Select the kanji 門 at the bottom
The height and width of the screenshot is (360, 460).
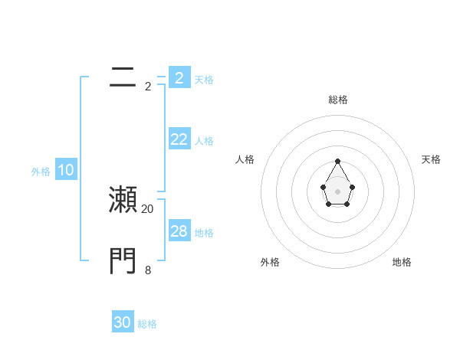point(123,260)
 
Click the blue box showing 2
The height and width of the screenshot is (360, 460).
point(179,77)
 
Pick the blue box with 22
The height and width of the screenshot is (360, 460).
point(179,139)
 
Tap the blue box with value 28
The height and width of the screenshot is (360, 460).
point(179,231)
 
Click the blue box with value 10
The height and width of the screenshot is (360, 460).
point(66,170)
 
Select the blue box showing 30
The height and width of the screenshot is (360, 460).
point(123,322)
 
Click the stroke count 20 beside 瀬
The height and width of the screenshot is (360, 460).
point(148,208)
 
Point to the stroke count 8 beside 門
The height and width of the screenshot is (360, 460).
point(148,270)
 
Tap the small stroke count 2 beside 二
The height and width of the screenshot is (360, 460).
point(148,87)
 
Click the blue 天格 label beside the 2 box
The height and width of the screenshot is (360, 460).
point(204,79)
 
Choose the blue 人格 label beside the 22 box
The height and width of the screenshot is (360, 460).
point(204,141)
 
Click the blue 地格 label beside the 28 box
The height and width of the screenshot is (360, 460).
point(204,233)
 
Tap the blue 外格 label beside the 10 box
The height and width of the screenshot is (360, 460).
point(41,172)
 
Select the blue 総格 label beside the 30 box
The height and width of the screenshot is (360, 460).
point(147,324)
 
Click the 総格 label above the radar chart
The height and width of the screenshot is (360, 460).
point(337,100)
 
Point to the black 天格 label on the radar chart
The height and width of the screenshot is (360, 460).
point(431,159)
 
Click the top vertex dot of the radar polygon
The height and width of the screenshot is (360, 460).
point(337,161)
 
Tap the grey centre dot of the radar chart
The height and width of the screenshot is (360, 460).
point(337,191)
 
